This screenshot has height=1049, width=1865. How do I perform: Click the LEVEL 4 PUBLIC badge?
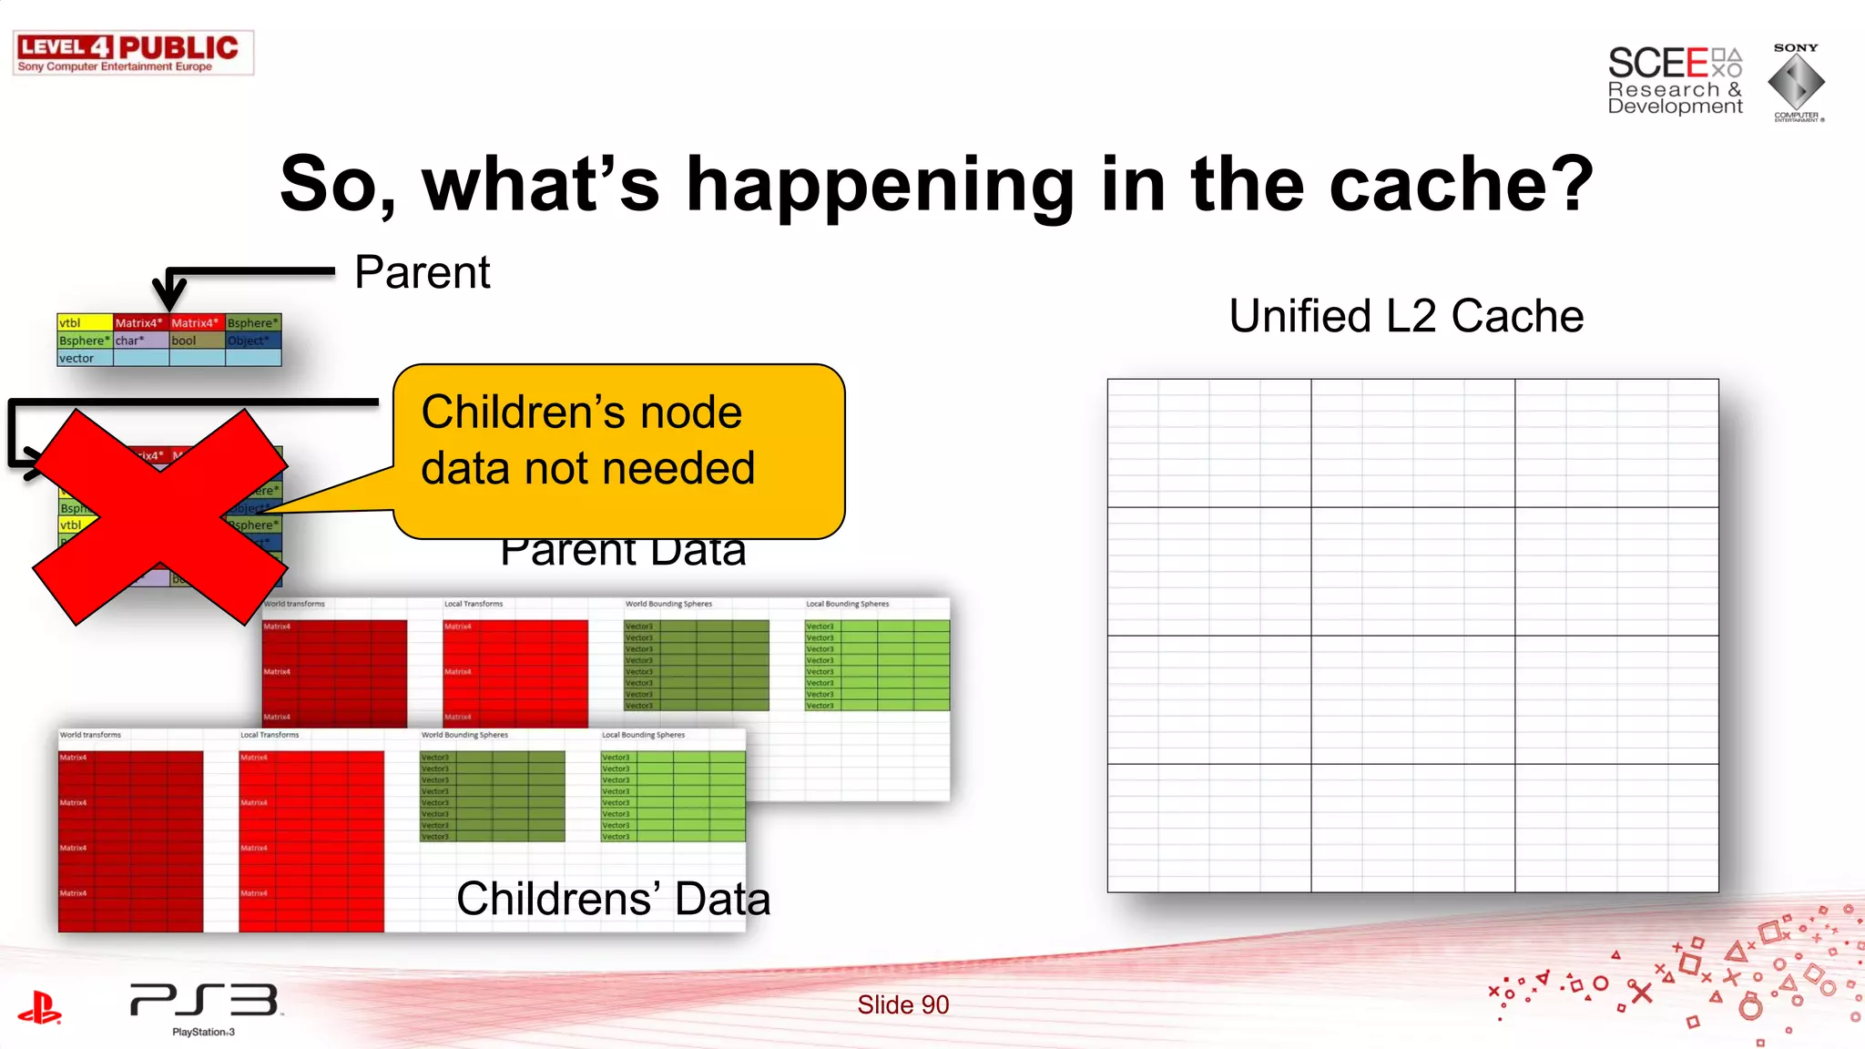click(x=133, y=53)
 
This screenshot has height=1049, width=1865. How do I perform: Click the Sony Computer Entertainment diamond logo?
click(x=1796, y=82)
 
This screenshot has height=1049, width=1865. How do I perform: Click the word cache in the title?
click(x=1460, y=185)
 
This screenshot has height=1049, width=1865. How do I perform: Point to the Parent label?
click(x=422, y=272)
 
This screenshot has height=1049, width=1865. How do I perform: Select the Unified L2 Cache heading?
click(x=1406, y=316)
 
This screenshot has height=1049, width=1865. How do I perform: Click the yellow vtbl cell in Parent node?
click(x=84, y=322)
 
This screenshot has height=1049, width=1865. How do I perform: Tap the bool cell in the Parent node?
click(x=195, y=341)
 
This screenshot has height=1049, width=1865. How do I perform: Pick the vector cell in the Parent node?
click(x=84, y=358)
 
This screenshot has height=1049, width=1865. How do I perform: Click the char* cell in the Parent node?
click(x=139, y=341)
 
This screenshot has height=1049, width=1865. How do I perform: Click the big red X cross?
click(x=160, y=517)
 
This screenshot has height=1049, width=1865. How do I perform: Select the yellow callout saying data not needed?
click(x=619, y=452)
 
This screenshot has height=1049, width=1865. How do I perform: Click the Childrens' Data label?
click(x=613, y=899)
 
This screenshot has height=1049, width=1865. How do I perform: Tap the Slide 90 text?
click(x=902, y=1004)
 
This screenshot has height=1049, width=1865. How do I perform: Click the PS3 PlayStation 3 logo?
click(x=204, y=1006)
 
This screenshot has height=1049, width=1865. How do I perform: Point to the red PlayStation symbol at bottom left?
click(x=39, y=1008)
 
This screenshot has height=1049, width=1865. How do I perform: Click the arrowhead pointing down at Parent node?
click(x=169, y=296)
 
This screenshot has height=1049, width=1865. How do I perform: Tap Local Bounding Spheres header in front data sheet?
click(x=643, y=735)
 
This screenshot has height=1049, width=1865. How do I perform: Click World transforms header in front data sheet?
click(x=90, y=735)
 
